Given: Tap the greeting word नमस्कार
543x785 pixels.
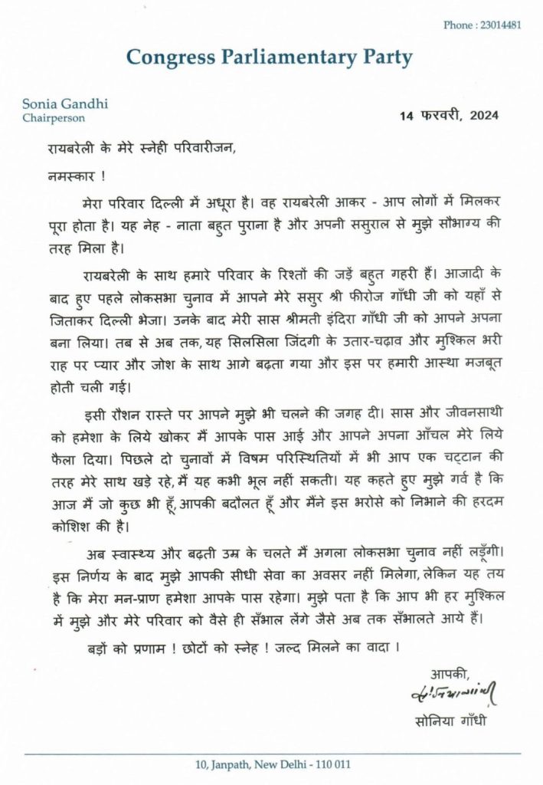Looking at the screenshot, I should [67, 175].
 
